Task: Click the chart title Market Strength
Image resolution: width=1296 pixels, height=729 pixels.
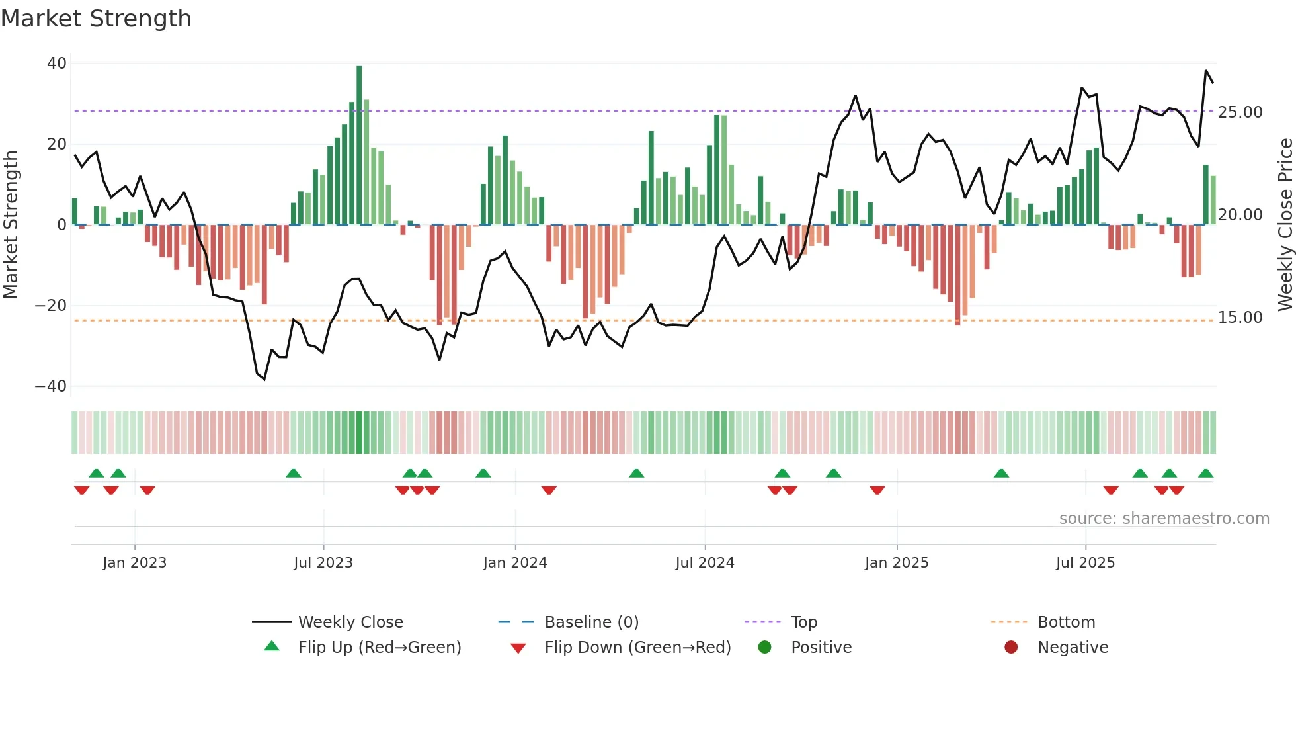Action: (x=96, y=19)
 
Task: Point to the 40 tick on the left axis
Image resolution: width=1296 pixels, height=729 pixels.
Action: (x=57, y=64)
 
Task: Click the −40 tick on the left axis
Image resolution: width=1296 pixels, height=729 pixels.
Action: (x=51, y=386)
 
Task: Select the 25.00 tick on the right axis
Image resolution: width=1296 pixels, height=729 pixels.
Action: (x=1240, y=112)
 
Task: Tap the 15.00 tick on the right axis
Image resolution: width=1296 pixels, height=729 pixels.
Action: (x=1240, y=318)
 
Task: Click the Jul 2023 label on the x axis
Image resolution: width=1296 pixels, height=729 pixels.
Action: (x=323, y=563)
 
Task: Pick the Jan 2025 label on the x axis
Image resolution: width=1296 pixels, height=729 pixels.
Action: (x=896, y=563)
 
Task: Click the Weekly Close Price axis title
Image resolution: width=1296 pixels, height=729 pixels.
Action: (x=1285, y=225)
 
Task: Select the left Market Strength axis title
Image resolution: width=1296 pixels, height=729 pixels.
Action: (x=11, y=225)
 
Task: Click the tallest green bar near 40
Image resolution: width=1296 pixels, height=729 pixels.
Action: (x=359, y=146)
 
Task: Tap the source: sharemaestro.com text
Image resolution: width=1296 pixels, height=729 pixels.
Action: (x=1164, y=519)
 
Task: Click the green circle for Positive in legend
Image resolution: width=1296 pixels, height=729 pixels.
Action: (x=765, y=648)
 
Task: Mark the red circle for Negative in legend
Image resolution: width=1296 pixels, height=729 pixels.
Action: (x=1011, y=648)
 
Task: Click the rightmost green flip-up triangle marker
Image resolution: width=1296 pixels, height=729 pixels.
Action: (x=1205, y=474)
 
